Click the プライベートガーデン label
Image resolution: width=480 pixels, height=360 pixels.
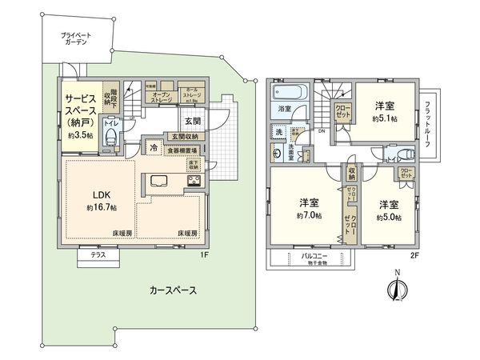pos(76,40)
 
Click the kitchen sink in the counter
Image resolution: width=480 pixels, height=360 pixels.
pos(157,179)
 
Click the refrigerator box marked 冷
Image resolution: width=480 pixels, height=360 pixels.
pos(152,148)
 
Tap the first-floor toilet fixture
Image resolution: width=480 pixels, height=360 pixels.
pos(112,138)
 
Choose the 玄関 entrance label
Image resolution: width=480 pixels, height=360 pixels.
pos(193,121)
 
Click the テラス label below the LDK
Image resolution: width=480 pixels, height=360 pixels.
pos(98,254)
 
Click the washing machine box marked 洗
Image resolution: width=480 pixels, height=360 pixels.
pos(279,131)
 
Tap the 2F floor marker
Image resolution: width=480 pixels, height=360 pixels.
pos(414,255)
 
